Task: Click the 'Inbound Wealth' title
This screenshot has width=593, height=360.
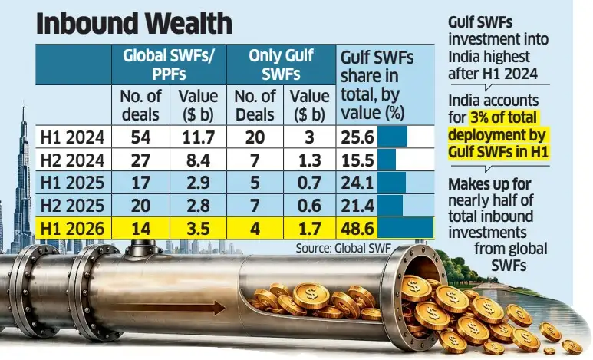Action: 134,24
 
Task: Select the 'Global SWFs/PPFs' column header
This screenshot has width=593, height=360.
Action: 169,64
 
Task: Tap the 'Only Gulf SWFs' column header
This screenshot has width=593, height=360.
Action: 281,64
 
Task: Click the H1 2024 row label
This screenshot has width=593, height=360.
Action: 72,137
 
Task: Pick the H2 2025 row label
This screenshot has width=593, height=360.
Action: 72,206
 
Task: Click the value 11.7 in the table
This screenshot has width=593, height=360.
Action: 198,137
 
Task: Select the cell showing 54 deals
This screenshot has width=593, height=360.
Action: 140,137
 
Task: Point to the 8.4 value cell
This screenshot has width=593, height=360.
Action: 198,160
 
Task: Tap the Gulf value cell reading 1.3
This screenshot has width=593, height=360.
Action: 309,160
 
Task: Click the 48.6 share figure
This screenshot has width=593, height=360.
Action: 357,229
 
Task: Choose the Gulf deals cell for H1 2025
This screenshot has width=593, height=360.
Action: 255,183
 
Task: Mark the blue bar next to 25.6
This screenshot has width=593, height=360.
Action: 392,137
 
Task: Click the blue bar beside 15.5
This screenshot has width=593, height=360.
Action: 387,160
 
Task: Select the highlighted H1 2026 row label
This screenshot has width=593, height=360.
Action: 72,229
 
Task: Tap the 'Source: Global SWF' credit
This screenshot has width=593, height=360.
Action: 343,249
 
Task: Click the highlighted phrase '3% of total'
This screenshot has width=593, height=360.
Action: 503,117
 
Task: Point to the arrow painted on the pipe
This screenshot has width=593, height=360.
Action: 169,308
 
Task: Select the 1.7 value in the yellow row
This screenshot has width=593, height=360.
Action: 309,229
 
